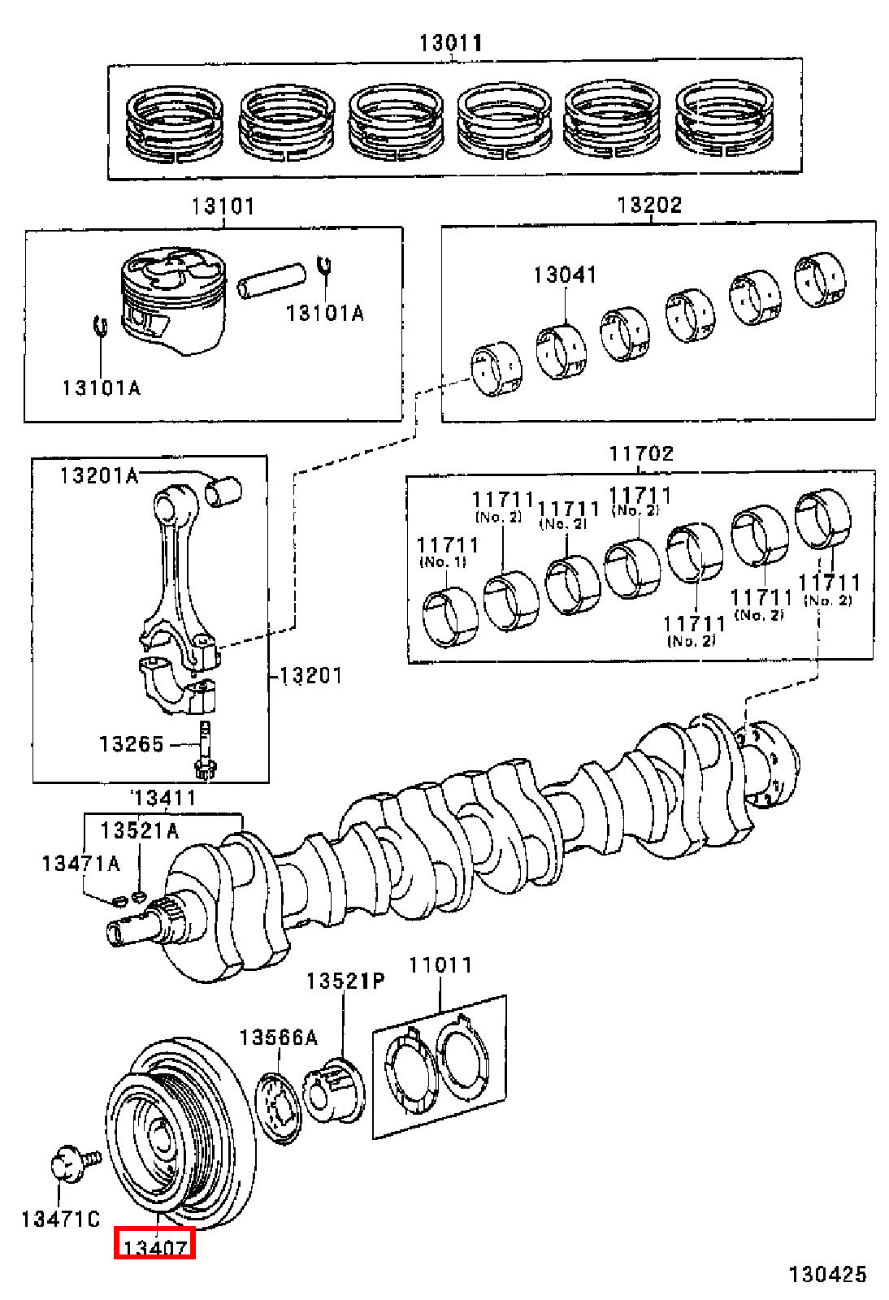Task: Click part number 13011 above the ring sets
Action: [451, 44]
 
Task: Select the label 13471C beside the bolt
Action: [60, 1219]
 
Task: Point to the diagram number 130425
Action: [827, 1274]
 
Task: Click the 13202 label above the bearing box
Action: [649, 206]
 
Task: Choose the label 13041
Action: [566, 275]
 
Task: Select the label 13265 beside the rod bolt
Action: [132, 743]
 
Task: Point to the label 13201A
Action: [99, 476]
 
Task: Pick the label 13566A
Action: [279, 1037]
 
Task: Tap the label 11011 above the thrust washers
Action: [441, 965]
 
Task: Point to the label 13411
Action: [165, 798]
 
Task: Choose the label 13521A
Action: [140, 830]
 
